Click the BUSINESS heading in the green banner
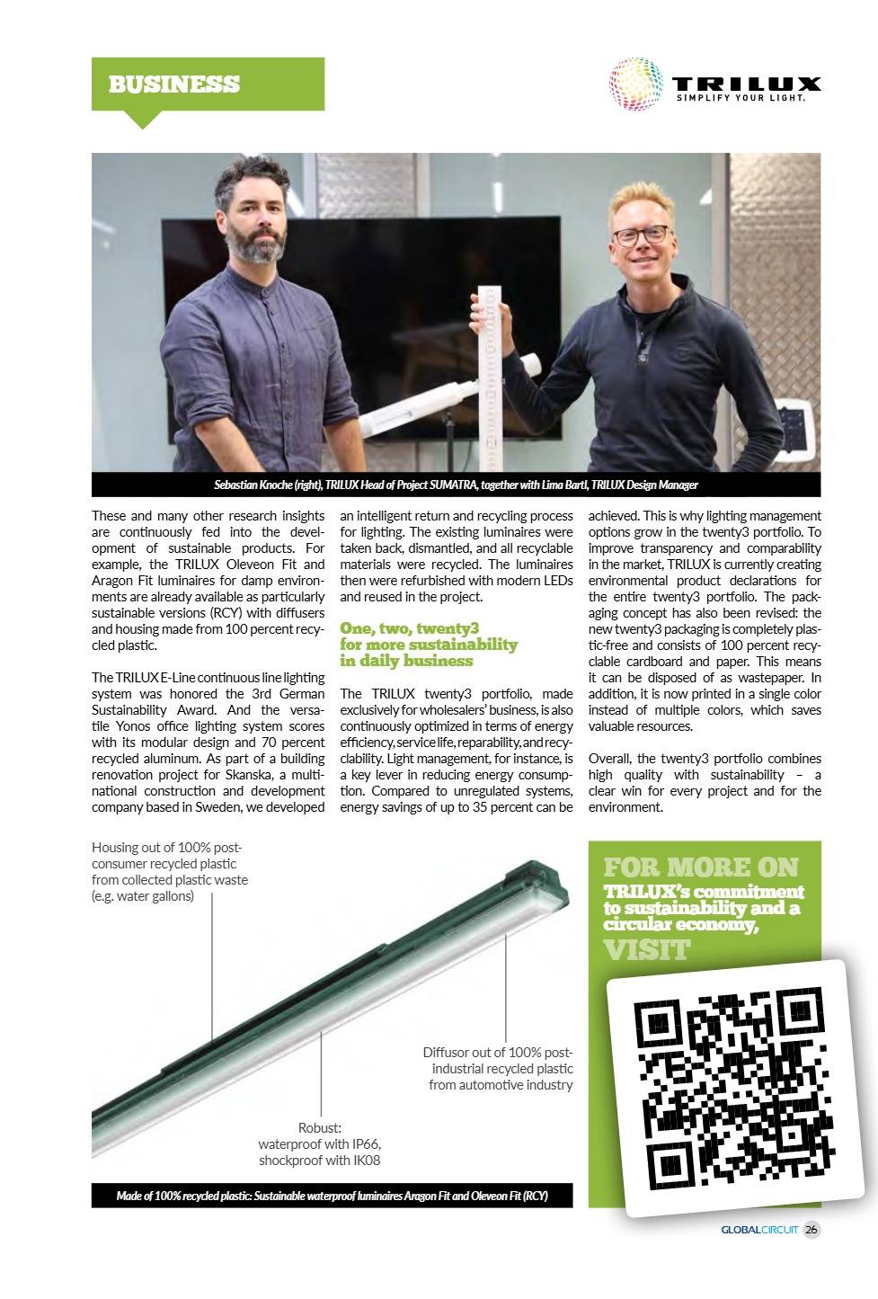click(174, 85)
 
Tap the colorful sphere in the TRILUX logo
click(637, 86)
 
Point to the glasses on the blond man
click(641, 236)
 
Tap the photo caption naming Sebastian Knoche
click(456, 485)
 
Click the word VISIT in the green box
click(647, 949)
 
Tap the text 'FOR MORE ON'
click(701, 867)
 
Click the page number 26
click(811, 1230)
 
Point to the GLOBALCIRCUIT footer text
click(759, 1230)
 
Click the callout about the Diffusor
click(500, 1068)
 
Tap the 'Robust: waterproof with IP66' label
click(320, 1143)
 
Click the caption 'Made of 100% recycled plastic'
click(332, 1196)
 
